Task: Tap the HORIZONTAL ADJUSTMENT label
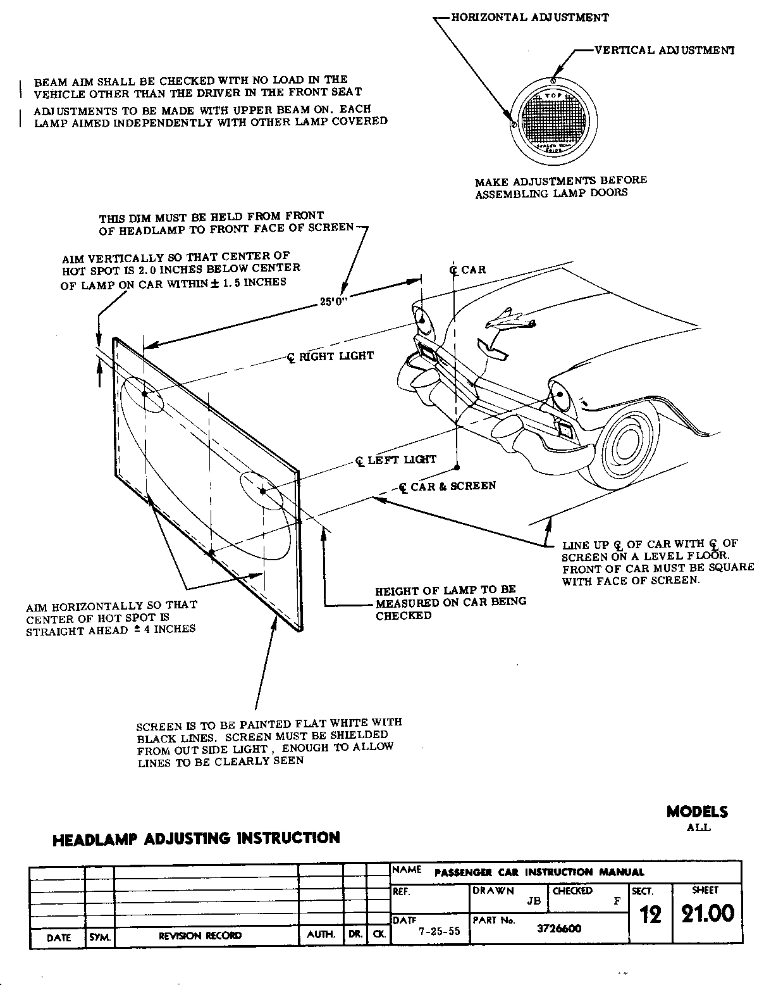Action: click(530, 17)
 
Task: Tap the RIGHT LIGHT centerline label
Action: click(331, 356)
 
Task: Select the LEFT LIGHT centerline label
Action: click(397, 460)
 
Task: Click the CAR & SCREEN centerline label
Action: click(448, 486)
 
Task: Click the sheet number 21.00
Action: click(707, 913)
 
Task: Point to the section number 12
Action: click(650, 915)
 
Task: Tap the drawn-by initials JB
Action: click(534, 901)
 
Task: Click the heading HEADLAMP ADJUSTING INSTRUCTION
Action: click(196, 839)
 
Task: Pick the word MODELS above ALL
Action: click(697, 812)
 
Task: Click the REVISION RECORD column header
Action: click(200, 936)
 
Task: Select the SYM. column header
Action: click(100, 936)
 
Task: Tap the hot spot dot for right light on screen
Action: click(145, 394)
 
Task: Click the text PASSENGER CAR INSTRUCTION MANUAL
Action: click(539, 872)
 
